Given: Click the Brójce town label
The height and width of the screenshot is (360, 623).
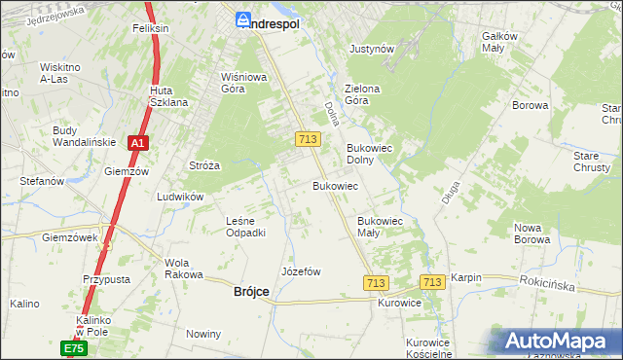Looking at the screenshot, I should point(251,291).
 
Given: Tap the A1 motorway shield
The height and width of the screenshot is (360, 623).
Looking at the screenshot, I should point(139,143).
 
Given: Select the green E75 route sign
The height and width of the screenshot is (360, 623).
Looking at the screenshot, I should point(74,347).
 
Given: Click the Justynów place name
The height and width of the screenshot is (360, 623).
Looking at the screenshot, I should point(371,48).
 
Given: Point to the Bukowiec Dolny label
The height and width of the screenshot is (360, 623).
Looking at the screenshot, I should point(369,154).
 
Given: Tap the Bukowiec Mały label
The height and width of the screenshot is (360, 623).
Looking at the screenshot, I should point(381,227).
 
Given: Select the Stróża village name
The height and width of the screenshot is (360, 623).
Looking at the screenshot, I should point(204,165).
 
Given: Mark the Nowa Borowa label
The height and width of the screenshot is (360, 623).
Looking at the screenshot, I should point(532,234).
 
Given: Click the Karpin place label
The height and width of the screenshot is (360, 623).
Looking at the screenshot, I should point(465,277).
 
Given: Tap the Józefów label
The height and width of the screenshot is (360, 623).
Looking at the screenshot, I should point(301,271).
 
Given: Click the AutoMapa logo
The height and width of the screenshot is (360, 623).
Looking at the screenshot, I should point(559,341).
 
